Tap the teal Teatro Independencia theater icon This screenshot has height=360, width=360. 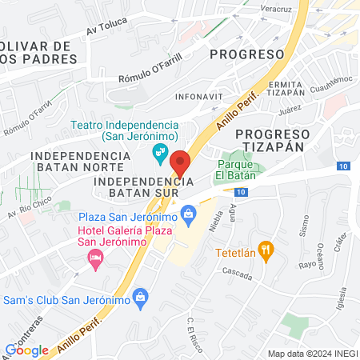click(x=161, y=150)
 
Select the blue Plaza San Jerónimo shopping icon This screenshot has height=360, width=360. click(x=189, y=213)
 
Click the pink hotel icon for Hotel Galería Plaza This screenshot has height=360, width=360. click(x=94, y=256)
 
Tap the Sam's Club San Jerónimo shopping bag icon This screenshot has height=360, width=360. click(x=141, y=298)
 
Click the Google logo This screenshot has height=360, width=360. click(x=26, y=350)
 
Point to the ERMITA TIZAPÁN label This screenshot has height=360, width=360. click(x=286, y=90)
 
